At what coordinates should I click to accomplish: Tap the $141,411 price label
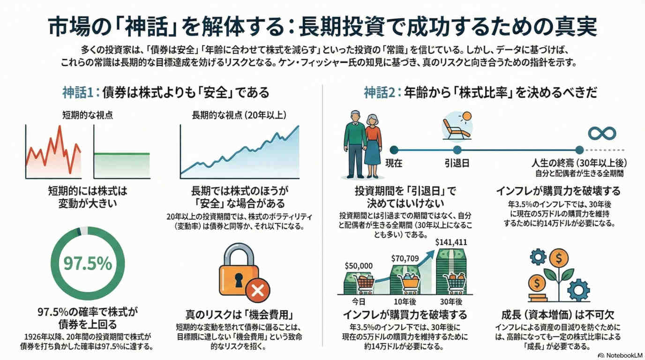coord(451,242)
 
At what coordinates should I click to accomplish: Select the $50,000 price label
coord(359,266)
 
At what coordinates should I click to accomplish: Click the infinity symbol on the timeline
coord(602,133)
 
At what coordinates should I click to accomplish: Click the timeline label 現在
coord(394,163)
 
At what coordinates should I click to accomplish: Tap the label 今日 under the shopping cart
coord(359,301)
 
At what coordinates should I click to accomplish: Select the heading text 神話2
coord(380,92)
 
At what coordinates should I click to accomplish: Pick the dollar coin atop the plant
coord(558,257)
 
